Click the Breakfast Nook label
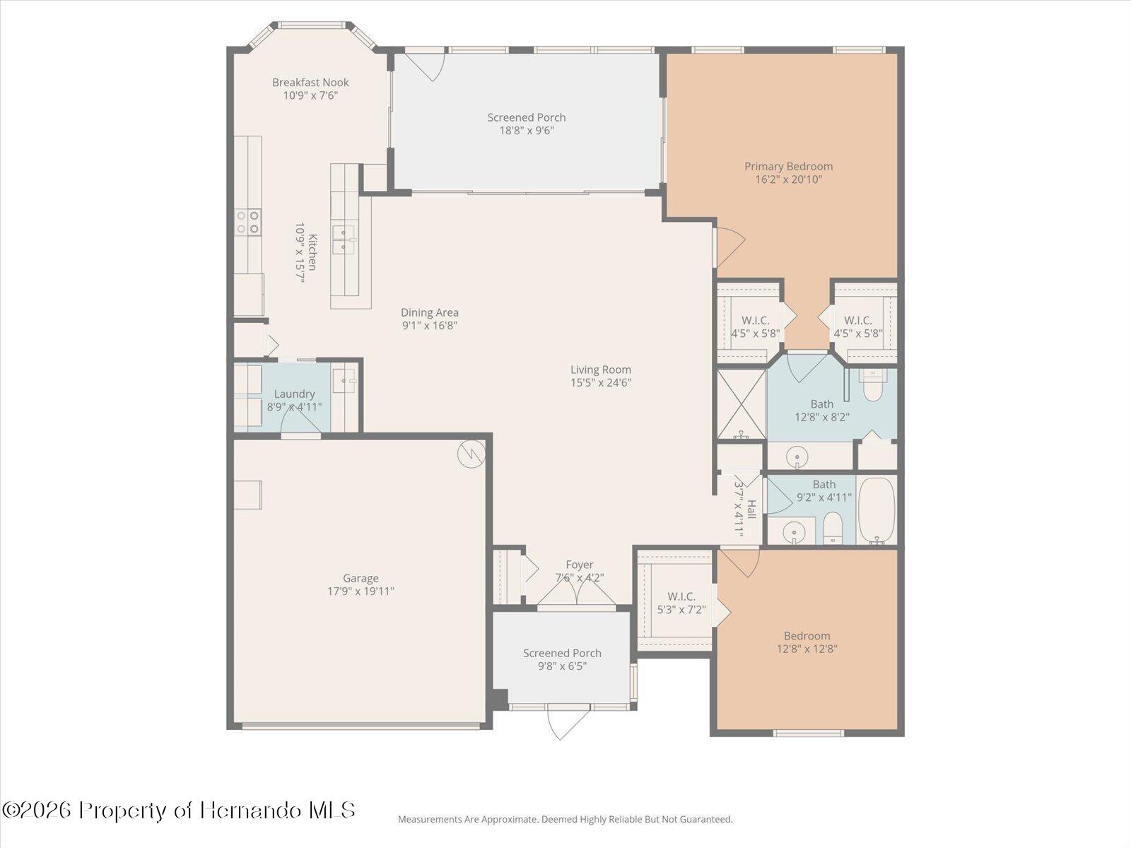(x=310, y=83)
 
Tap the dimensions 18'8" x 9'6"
(x=526, y=131)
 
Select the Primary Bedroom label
(x=788, y=167)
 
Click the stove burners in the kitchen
(x=248, y=222)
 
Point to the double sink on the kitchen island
(x=344, y=238)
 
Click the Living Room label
(x=601, y=370)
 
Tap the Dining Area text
(x=430, y=312)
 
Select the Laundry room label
(x=294, y=394)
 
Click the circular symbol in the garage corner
(x=470, y=454)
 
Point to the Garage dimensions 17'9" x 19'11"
(x=361, y=591)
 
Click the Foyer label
(x=580, y=565)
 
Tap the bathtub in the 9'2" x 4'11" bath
(x=877, y=510)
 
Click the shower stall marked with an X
(x=741, y=404)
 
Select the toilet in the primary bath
(x=873, y=385)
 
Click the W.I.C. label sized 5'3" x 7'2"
(x=681, y=596)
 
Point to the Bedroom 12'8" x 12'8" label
(x=807, y=636)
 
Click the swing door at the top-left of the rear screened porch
(x=427, y=65)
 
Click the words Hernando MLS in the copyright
(x=277, y=810)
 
